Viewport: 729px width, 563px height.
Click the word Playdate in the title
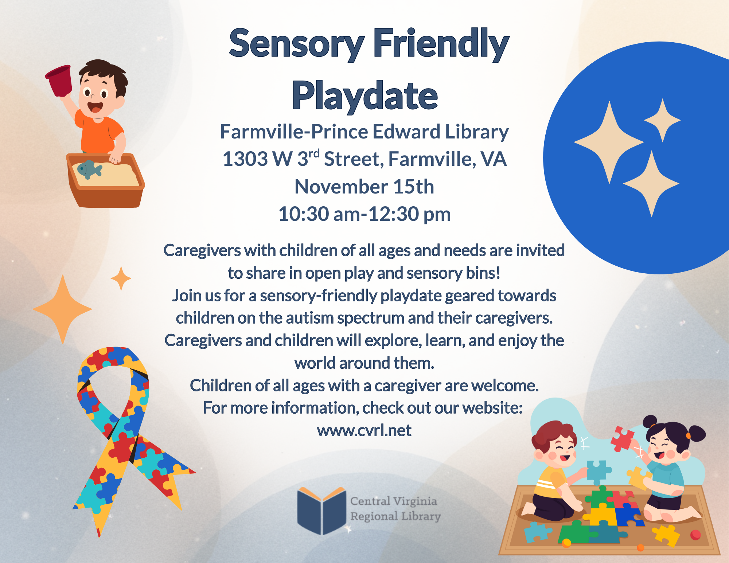point(364,95)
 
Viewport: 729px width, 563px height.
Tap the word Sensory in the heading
point(296,44)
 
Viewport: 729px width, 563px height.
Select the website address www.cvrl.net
point(364,430)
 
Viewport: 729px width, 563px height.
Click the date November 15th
point(364,187)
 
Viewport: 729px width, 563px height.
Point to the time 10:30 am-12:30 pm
point(364,214)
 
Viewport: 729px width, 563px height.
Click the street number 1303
point(245,159)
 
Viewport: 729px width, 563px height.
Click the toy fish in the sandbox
point(89,169)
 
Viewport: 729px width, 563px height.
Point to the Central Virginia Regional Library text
point(395,509)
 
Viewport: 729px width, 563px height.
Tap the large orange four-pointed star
point(63,309)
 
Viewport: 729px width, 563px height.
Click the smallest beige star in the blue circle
point(662,120)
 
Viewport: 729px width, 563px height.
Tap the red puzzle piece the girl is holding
point(623,438)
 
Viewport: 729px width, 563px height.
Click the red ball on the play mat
point(695,535)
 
